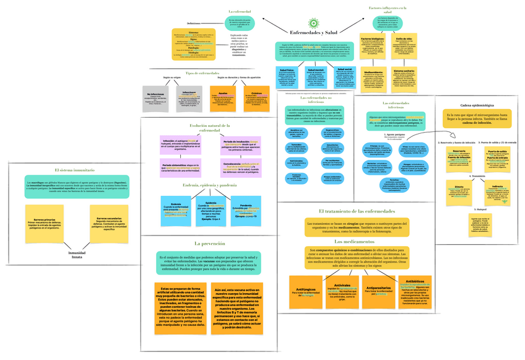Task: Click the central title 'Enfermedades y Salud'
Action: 313,32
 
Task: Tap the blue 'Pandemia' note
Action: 245,211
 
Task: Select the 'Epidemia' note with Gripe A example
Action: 210,211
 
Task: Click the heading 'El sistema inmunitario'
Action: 74,170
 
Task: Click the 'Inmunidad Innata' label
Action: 76,255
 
